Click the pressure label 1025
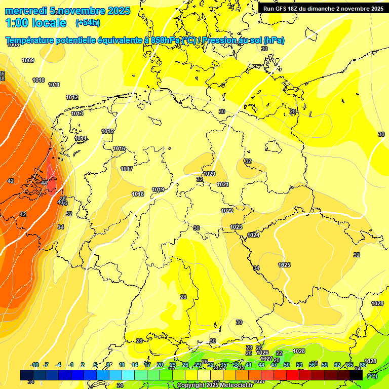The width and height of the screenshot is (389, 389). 284,265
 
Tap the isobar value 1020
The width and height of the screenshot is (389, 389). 209,174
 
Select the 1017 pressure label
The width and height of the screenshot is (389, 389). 127,169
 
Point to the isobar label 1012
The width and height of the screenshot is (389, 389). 72,97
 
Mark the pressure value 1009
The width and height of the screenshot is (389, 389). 28,61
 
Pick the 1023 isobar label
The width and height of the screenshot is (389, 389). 236,227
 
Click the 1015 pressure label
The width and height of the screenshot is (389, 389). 107,131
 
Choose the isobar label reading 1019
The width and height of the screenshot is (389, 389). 158,190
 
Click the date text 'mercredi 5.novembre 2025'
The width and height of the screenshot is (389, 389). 67,11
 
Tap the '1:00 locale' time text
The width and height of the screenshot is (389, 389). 36,23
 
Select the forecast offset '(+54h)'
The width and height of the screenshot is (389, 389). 88,23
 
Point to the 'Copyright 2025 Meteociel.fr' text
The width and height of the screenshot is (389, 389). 215,385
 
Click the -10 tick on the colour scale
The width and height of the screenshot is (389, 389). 35,365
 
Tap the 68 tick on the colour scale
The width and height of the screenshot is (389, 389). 363,365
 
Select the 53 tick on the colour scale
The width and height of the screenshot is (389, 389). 299,365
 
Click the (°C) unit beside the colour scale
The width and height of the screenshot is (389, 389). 372,375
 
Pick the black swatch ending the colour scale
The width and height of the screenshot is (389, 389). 356,375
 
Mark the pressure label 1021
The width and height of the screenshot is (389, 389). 223,184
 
